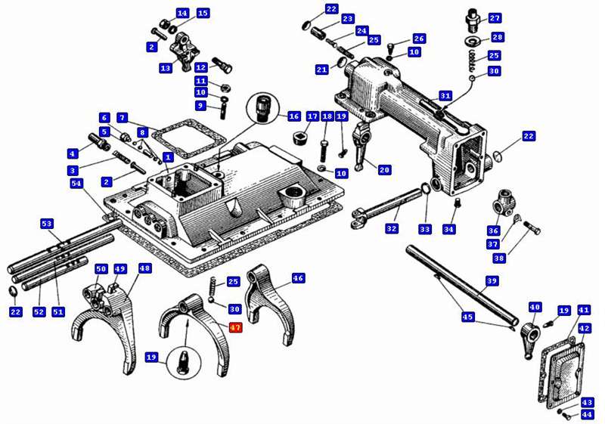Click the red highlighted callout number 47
235,328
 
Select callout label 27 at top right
495,18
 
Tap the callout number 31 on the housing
445,96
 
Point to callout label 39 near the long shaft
492,281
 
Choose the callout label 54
76,184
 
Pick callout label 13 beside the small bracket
166,68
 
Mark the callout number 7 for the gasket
122,118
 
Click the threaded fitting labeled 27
472,17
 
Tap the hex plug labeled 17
299,138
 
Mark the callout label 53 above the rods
47,224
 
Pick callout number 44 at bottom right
588,415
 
